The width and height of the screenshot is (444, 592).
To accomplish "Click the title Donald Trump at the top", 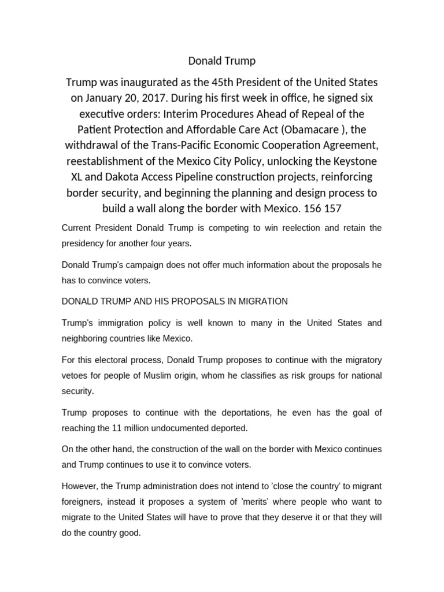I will click(x=222, y=61).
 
